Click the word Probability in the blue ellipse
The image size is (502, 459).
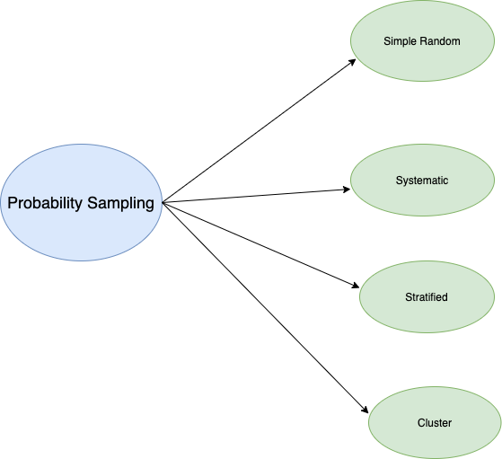coord(45,203)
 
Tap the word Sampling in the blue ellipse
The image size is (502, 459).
coord(120,203)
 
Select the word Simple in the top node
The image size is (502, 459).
coord(399,41)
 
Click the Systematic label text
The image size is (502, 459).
coord(421,181)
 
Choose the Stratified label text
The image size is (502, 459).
coord(426,297)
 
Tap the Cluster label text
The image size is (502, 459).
coord(434,422)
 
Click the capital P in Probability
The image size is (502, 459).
coord(12,203)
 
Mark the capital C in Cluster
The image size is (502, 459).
coord(421,422)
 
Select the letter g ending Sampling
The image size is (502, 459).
coord(149,205)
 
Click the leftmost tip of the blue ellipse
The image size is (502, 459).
coord(0,203)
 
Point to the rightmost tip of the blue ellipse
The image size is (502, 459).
coord(163,203)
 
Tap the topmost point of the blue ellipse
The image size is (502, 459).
coord(81,145)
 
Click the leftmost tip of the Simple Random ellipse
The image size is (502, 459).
coord(349,41)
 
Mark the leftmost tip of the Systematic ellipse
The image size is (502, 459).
coord(349,181)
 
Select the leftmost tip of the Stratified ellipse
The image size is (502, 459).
coord(359,297)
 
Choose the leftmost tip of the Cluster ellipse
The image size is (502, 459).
coord(368,422)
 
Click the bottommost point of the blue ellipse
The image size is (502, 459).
coord(81,261)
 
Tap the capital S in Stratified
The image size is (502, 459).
coord(408,297)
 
